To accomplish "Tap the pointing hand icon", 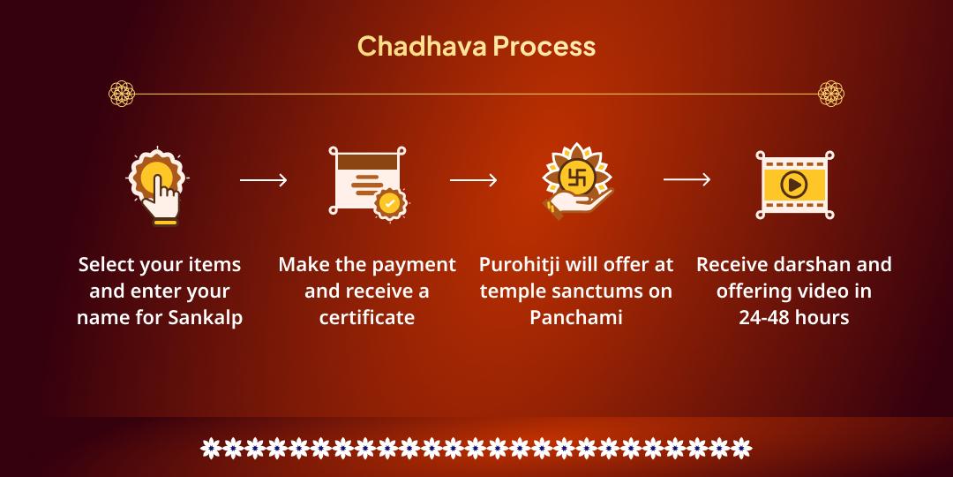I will [158, 185].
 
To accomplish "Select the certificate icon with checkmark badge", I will [367, 181].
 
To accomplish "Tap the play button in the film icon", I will [794, 185].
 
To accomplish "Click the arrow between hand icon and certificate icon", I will [263, 180].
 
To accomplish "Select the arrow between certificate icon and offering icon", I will [473, 180].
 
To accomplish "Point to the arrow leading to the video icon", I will [687, 180].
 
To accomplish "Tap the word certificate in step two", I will [367, 317].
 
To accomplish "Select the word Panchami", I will [576, 317].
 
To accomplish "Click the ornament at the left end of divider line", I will [121, 93].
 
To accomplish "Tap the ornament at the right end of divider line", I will [831, 93].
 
